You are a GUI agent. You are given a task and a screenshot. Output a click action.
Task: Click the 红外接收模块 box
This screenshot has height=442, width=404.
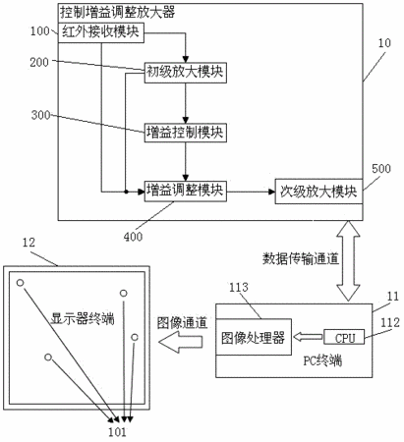(101, 32)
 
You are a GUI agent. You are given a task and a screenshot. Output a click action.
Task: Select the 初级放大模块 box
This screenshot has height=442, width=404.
(186, 72)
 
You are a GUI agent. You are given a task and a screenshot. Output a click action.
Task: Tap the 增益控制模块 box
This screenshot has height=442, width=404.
(186, 133)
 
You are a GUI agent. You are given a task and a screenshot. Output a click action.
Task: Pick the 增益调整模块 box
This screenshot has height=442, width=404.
(186, 191)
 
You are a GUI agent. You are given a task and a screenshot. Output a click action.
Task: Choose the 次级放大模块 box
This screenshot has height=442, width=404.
(318, 192)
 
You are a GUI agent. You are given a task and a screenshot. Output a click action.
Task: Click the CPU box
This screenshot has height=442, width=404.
(344, 337)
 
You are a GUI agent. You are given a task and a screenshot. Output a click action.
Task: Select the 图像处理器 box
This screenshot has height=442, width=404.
(254, 337)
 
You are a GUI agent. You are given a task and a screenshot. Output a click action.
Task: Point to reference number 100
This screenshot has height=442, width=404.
(39, 31)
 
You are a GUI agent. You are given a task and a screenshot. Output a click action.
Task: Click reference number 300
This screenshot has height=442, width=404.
(40, 115)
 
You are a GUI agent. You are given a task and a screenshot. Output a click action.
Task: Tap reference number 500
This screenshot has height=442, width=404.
(381, 169)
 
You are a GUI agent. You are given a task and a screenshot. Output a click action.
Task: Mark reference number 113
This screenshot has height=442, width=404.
(239, 288)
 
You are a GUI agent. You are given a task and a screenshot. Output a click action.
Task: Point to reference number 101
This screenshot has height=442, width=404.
(117, 432)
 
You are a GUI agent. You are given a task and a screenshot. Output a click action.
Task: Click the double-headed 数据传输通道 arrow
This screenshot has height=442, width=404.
(348, 260)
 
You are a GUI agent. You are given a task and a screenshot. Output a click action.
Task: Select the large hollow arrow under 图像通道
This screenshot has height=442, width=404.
(180, 342)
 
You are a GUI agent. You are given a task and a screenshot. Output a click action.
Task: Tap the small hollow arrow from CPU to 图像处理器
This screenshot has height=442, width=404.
(308, 337)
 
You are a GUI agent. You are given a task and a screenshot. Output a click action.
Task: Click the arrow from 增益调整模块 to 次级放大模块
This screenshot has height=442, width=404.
(251, 192)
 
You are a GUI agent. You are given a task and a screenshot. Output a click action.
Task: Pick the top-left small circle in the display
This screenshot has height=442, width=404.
(21, 283)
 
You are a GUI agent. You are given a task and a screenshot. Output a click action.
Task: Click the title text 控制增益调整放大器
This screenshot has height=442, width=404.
(117, 13)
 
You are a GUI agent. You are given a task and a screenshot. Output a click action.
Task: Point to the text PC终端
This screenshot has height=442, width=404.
(322, 360)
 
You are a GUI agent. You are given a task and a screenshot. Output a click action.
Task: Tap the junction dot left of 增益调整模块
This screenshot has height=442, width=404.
(126, 192)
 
